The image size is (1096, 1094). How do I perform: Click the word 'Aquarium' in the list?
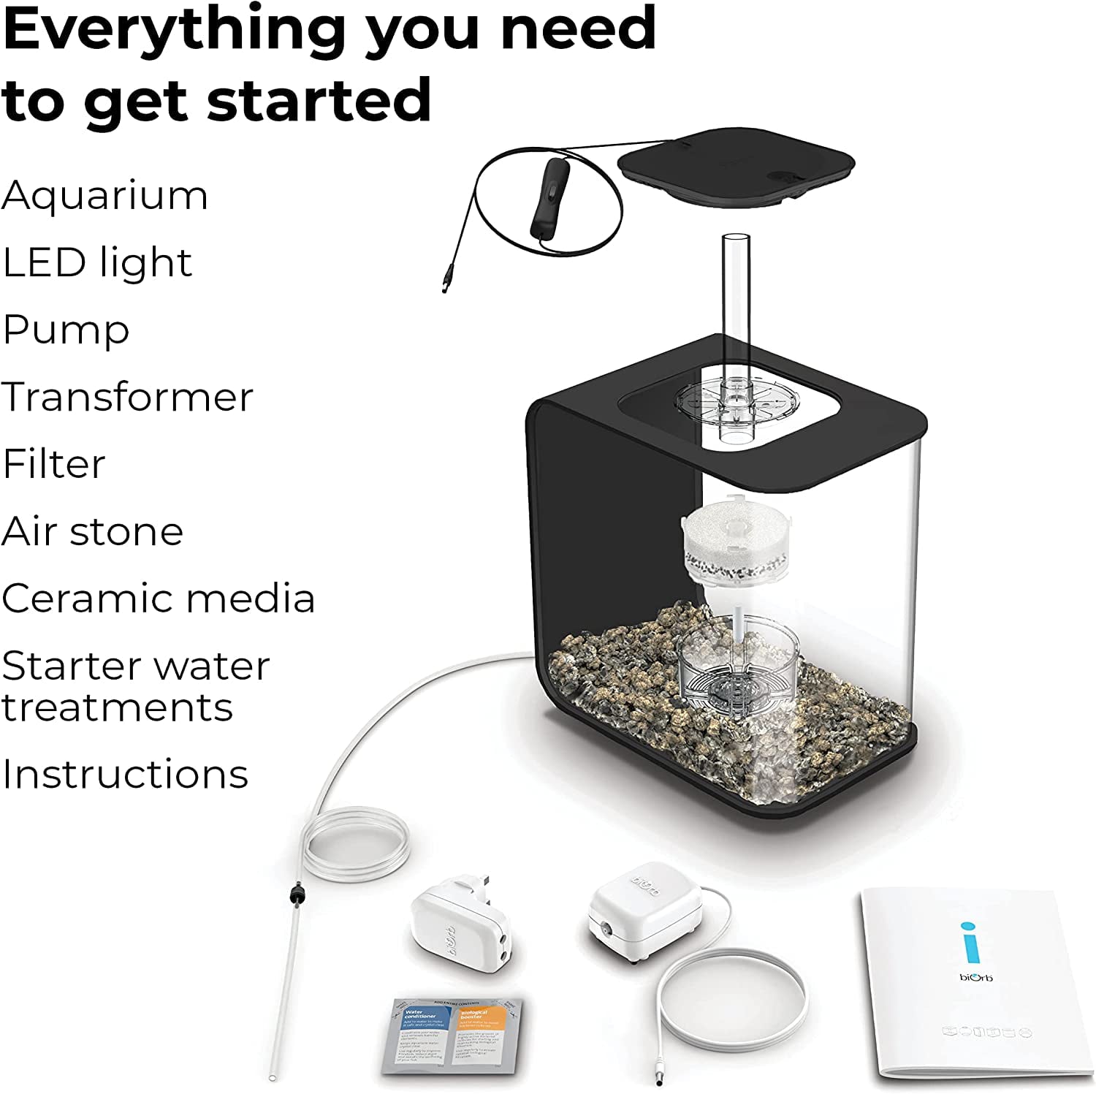click(x=104, y=196)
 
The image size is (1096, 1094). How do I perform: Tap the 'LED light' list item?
click(x=97, y=263)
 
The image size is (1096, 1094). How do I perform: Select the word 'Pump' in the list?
click(x=66, y=331)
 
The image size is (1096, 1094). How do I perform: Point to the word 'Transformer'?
click(x=127, y=398)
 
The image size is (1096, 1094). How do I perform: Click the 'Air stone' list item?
click(x=92, y=532)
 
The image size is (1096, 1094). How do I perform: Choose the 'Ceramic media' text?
click(x=158, y=599)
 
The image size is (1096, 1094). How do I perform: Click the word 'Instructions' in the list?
click(x=125, y=775)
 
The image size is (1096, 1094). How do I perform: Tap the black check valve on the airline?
click(x=296, y=894)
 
